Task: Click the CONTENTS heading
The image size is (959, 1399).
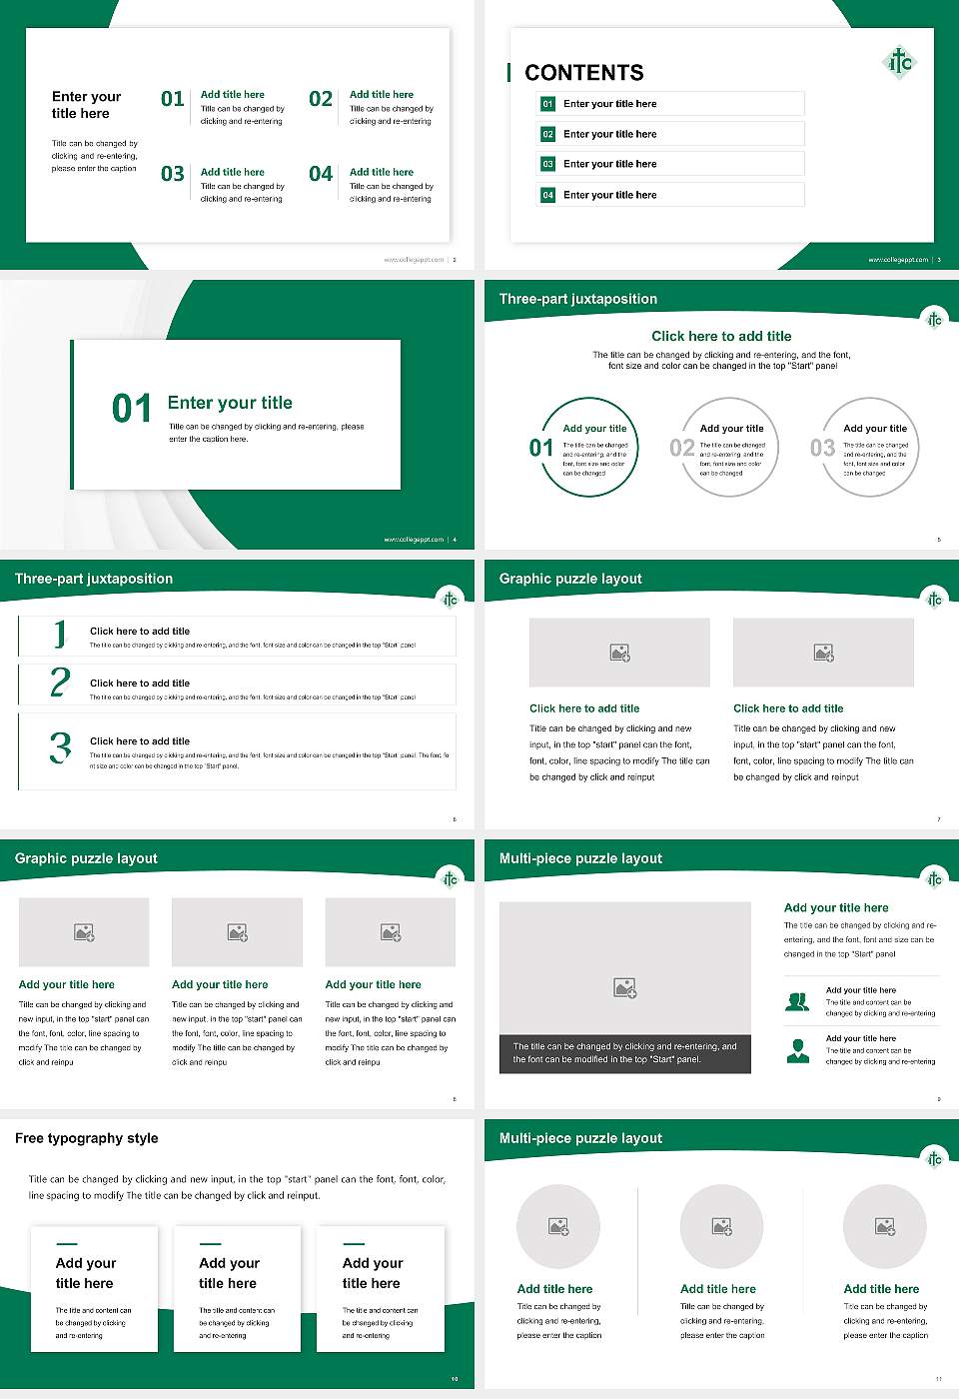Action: [x=584, y=73]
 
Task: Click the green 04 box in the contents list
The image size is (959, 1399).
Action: [x=547, y=195]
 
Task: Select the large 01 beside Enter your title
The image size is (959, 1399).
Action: [x=132, y=408]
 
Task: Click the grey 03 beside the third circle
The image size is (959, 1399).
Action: [x=822, y=448]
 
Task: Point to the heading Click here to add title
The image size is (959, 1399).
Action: [x=721, y=337]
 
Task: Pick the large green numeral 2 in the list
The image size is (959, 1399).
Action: [x=60, y=683]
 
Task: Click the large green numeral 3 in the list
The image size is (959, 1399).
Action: [x=60, y=747]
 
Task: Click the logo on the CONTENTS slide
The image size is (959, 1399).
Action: [x=900, y=62]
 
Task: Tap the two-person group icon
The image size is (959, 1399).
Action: [x=797, y=1001]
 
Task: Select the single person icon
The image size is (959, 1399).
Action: [x=797, y=1050]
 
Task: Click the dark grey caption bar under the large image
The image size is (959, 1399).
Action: [x=624, y=1053]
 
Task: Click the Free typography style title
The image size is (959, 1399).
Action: [x=87, y=1138]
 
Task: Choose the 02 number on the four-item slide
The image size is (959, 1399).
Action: [x=321, y=99]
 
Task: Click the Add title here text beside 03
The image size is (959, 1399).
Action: [x=233, y=172]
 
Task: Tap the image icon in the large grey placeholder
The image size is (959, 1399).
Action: [x=624, y=988]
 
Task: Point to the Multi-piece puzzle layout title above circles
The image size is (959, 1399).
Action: [x=580, y=1138]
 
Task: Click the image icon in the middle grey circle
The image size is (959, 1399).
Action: [x=721, y=1226]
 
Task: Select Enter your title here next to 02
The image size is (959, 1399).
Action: [x=609, y=134]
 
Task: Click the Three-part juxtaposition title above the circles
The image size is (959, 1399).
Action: [x=578, y=299]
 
